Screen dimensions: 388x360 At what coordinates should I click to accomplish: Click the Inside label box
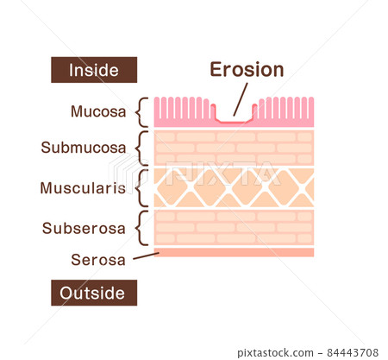[94, 70]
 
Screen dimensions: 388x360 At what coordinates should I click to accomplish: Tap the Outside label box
[94, 293]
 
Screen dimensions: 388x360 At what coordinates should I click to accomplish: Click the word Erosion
[247, 70]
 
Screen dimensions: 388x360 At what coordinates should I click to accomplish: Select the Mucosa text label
[98, 111]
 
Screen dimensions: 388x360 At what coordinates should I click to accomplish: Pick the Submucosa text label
[84, 148]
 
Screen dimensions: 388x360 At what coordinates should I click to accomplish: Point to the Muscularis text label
[83, 188]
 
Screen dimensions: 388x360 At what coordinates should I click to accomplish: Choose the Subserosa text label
[84, 229]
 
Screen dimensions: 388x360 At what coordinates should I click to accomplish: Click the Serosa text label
[98, 260]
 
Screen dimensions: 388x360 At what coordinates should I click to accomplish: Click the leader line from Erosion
[241, 99]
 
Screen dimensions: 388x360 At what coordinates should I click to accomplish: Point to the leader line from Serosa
[146, 256]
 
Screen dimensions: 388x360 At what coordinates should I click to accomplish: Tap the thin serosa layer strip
[234, 252]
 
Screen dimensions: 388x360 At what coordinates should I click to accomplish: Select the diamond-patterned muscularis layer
[234, 188]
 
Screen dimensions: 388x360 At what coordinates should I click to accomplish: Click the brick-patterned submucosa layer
[234, 148]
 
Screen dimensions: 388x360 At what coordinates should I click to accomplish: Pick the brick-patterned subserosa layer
[234, 228]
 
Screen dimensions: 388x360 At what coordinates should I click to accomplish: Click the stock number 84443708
[353, 352]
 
